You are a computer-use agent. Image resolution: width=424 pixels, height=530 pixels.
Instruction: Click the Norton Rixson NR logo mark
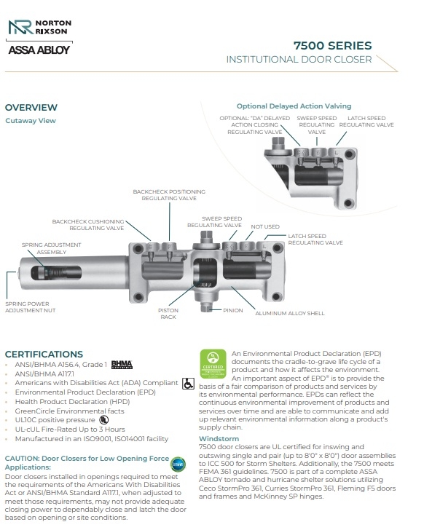click(20, 27)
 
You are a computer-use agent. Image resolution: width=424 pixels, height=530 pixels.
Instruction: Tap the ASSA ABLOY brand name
click(39, 50)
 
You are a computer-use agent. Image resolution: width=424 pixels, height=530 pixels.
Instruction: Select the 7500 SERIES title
click(332, 46)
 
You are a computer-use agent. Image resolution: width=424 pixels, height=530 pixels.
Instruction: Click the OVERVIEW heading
click(31, 108)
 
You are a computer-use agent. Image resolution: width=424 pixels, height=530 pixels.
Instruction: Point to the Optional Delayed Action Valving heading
click(294, 106)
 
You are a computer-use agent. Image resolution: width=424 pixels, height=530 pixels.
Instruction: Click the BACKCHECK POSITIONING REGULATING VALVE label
click(169, 195)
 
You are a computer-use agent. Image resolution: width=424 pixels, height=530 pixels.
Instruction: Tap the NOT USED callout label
click(265, 227)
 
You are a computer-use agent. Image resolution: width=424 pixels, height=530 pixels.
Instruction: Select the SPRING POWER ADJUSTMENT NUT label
click(30, 307)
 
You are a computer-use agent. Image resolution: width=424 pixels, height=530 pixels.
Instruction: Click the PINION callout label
click(233, 310)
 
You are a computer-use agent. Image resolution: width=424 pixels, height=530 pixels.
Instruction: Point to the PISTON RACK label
click(168, 314)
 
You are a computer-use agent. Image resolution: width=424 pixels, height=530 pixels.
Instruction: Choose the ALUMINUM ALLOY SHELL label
click(290, 313)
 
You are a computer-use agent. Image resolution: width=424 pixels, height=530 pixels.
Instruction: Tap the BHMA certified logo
click(122, 364)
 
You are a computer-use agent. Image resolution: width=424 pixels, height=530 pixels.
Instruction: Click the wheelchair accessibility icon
click(188, 383)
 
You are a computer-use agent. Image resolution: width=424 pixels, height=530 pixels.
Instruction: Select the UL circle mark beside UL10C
click(103, 420)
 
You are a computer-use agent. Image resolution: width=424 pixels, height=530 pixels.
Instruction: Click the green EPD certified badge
click(213, 364)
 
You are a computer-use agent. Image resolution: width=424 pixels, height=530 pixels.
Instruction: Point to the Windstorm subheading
click(219, 439)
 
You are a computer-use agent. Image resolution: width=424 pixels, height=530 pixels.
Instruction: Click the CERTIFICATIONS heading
click(44, 355)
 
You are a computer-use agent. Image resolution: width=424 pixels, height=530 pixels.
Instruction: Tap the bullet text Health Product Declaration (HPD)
click(72, 402)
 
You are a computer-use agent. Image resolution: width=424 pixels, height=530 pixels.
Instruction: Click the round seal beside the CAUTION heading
click(178, 464)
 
